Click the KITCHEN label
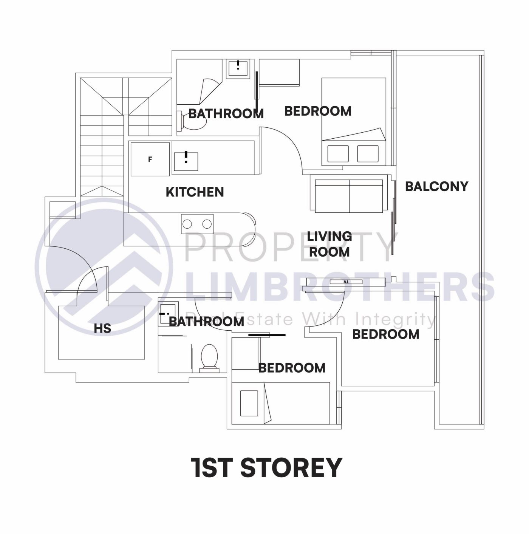[x=195, y=192]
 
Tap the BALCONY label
[x=436, y=186]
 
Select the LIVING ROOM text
[x=329, y=244]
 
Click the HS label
[x=102, y=328]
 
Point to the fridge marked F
[x=150, y=159]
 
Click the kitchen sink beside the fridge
[x=186, y=162]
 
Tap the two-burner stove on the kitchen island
[x=197, y=224]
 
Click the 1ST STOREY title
[x=266, y=467]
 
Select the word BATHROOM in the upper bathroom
[x=226, y=113]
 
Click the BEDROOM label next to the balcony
[x=318, y=111]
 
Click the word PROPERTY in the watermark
[x=289, y=247]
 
